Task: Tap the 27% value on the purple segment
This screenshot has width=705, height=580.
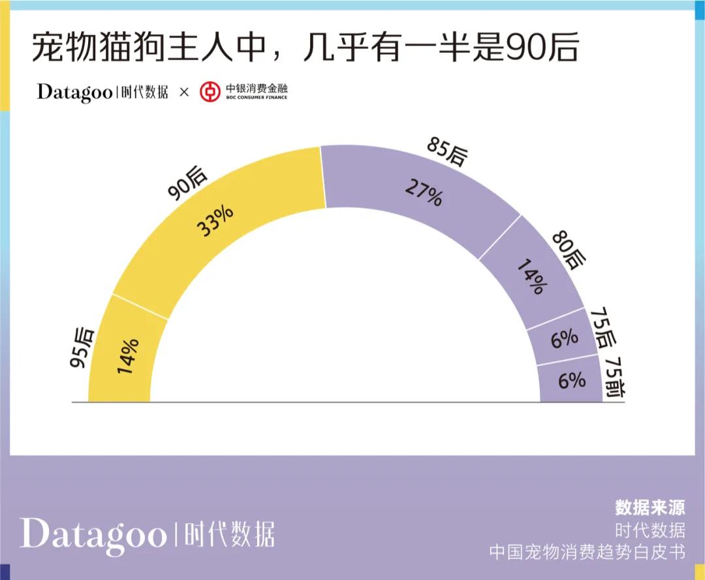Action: (x=424, y=192)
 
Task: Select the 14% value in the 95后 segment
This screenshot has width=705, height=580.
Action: (x=128, y=356)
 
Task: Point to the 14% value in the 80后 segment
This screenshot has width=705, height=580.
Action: (x=530, y=276)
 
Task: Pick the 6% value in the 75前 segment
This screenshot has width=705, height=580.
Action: (x=571, y=380)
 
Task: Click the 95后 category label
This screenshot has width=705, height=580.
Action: (x=83, y=347)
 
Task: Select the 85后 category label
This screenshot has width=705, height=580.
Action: (x=448, y=152)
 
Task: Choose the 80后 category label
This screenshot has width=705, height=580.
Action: (x=566, y=250)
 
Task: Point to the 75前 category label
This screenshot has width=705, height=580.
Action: (x=615, y=377)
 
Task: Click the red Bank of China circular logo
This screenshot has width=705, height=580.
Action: (x=210, y=92)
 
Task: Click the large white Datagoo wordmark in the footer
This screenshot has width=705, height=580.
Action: (x=92, y=534)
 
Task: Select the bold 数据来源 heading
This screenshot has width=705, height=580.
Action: (x=650, y=507)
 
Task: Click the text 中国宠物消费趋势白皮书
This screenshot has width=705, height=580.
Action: (x=587, y=552)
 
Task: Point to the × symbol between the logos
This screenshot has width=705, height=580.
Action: (x=184, y=93)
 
